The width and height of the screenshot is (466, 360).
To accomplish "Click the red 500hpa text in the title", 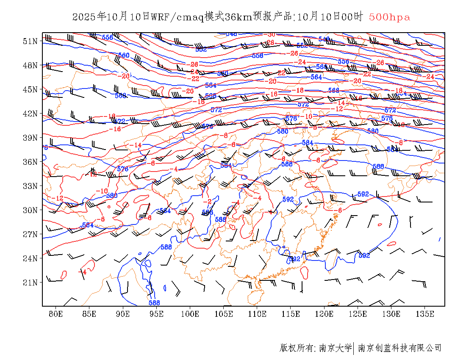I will click(x=389, y=17).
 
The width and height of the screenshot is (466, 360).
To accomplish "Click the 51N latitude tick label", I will click(x=31, y=41).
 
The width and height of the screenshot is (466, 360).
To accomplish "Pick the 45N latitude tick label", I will click(x=31, y=89).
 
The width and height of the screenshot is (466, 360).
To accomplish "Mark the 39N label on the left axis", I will click(x=31, y=138).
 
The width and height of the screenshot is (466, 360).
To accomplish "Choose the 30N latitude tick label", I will click(x=31, y=210).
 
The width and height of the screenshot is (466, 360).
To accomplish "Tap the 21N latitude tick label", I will click(x=31, y=282).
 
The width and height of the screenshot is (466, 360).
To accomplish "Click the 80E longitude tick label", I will click(x=56, y=314).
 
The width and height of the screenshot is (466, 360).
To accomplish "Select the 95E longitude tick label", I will click(x=157, y=314).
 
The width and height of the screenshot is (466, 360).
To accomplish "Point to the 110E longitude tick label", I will click(x=257, y=314).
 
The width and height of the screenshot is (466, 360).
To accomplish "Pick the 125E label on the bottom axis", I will click(x=358, y=314).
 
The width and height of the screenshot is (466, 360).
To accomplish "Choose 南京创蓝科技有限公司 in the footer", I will click(x=399, y=348).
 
